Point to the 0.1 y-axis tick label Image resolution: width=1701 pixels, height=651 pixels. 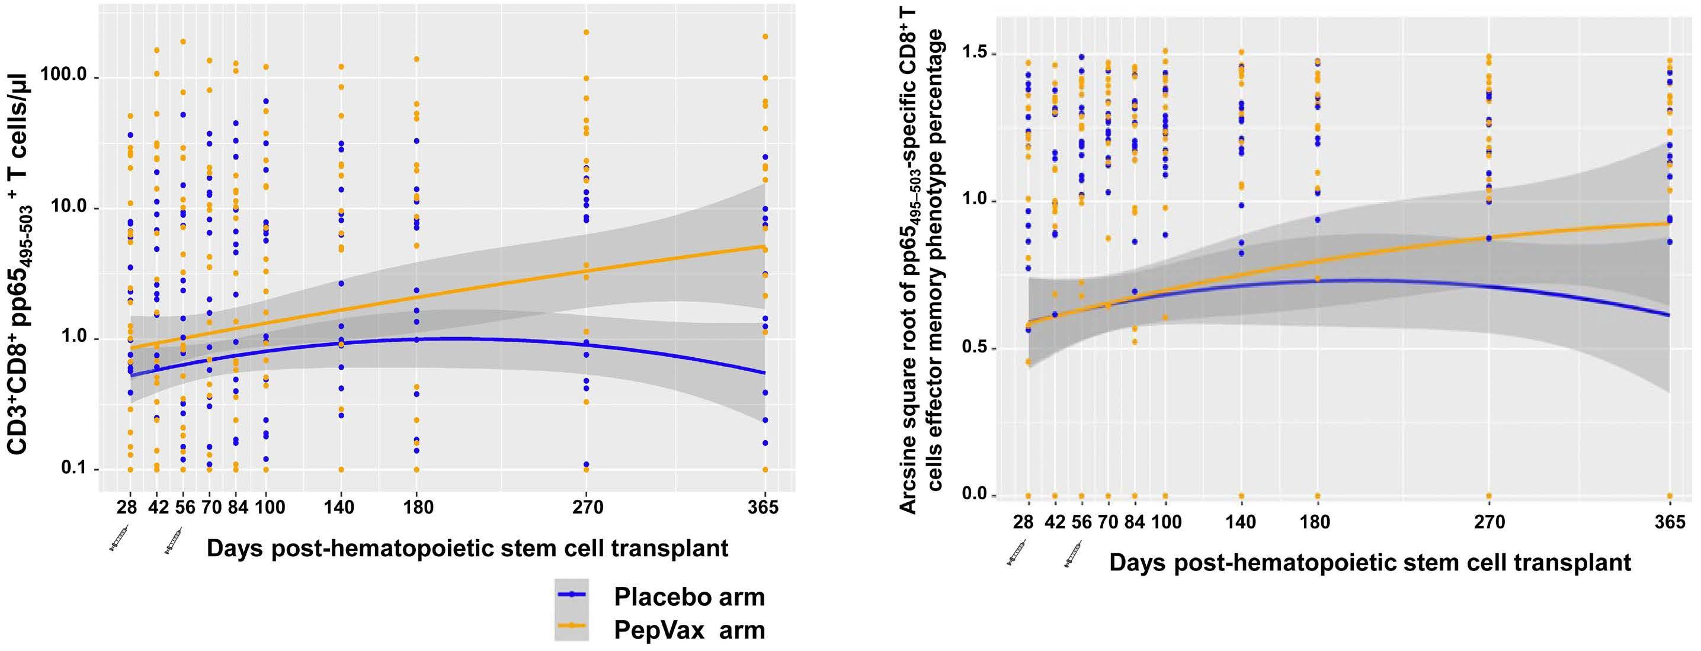74,469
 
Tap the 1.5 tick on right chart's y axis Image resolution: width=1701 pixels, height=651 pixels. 979,53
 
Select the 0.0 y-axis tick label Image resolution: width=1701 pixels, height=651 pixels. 979,495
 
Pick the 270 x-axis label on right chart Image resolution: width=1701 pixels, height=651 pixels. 1489,523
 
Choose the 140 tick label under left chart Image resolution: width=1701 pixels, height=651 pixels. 339,507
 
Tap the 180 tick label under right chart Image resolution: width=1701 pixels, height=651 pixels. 1316,523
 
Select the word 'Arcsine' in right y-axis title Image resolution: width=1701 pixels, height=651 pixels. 909,473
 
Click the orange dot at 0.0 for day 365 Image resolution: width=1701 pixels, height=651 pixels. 1670,495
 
